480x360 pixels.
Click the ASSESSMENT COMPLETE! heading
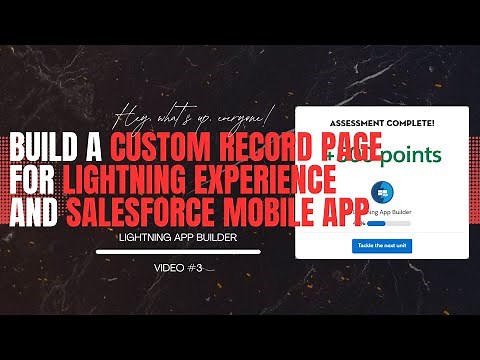click(x=383, y=123)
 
